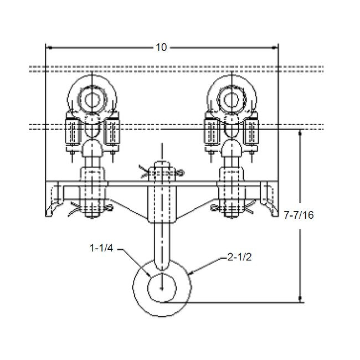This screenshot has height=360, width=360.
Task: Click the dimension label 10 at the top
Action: point(161,48)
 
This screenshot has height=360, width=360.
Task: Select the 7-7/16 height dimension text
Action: point(325,215)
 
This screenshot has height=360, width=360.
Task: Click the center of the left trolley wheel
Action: point(90,100)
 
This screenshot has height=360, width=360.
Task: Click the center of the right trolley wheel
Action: point(231,100)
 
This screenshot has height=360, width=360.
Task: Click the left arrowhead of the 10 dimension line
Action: point(48,48)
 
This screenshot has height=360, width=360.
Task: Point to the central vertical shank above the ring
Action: point(161,244)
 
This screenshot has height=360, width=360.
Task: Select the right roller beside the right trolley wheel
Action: point(252,133)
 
